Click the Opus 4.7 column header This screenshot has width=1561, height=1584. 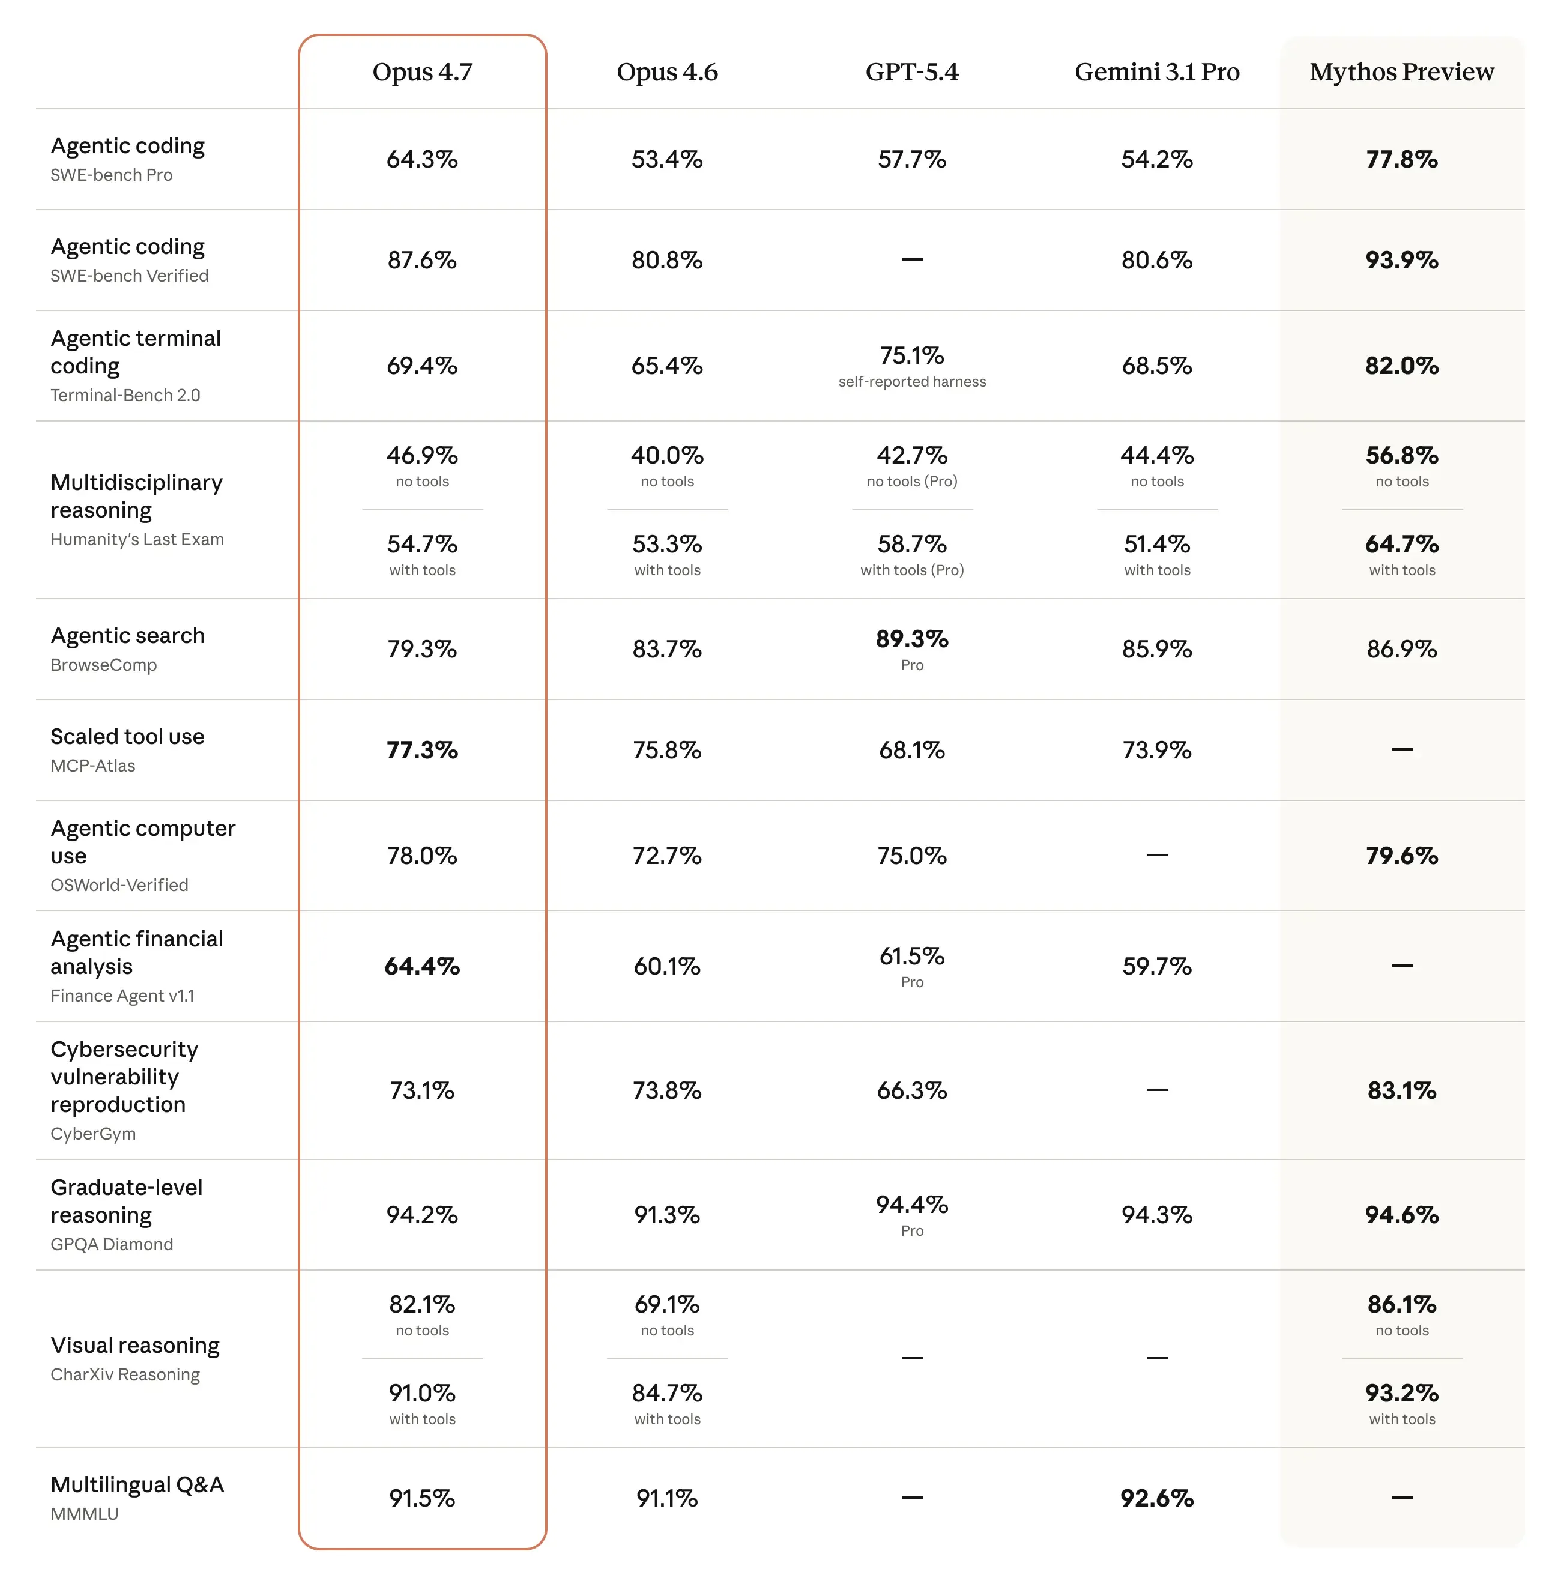tap(422, 72)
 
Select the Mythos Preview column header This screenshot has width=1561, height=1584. tap(1401, 72)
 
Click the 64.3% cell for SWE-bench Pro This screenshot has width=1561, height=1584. tap(422, 159)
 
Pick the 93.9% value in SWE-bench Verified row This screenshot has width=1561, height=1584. tap(1401, 260)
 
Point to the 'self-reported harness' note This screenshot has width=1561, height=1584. tap(911, 382)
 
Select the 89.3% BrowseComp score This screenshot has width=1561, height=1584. tap(911, 639)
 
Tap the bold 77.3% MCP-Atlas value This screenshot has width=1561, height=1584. tap(422, 750)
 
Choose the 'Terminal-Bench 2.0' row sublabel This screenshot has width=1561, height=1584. tap(125, 395)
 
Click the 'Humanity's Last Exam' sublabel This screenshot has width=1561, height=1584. tap(137, 539)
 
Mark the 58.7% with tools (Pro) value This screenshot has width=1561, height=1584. tap(911, 545)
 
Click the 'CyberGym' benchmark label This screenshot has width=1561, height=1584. tap(94, 1134)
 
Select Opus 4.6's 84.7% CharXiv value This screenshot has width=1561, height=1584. tap(666, 1393)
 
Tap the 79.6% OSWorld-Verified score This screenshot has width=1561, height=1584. tap(1401, 856)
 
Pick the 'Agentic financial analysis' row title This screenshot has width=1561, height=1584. tap(136, 953)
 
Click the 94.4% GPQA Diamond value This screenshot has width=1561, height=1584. tap(911, 1205)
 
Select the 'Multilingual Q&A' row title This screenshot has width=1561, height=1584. tap(137, 1485)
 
